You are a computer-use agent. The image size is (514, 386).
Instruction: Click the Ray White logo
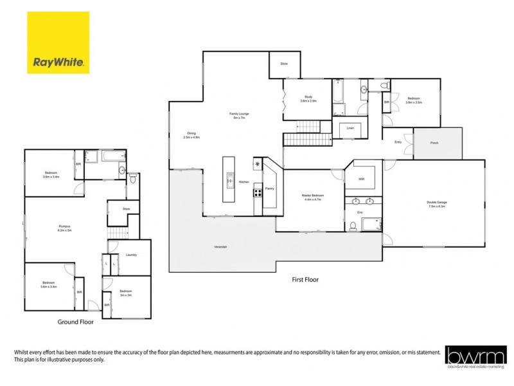(58, 43)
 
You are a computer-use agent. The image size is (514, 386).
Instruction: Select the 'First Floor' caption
(305, 280)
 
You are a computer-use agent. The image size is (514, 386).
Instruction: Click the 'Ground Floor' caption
(76, 322)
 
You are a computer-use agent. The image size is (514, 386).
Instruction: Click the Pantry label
(269, 188)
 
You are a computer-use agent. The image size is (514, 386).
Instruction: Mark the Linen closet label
(350, 129)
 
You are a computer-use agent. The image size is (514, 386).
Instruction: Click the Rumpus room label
(64, 226)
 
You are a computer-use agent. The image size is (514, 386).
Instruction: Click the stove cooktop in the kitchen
(258, 190)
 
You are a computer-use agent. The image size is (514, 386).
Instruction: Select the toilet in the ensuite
(353, 226)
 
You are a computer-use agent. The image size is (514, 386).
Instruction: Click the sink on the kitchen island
(229, 183)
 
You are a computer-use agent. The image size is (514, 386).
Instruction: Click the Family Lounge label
(239, 116)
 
